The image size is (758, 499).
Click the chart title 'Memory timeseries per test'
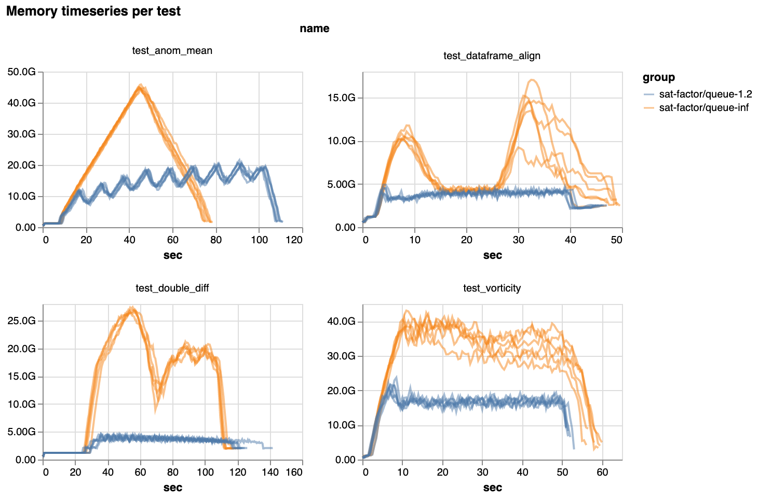(93, 11)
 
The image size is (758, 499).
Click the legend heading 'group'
(658, 77)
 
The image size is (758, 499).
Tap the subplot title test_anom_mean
(172, 50)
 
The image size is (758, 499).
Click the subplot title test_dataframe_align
(492, 56)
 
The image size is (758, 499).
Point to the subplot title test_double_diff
(172, 288)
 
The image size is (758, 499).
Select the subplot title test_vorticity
(492, 288)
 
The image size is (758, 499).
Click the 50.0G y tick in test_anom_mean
(22, 72)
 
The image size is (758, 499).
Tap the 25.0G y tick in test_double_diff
(22, 321)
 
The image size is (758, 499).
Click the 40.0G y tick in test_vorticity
(342, 322)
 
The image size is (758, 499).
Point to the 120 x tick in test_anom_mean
(294, 240)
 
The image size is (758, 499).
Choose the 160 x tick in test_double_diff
(294, 472)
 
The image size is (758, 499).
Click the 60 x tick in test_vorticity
(602, 472)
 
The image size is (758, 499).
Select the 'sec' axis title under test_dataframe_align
(492, 255)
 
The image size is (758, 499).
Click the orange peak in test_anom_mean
(140, 86)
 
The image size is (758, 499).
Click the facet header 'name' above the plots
(314, 29)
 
